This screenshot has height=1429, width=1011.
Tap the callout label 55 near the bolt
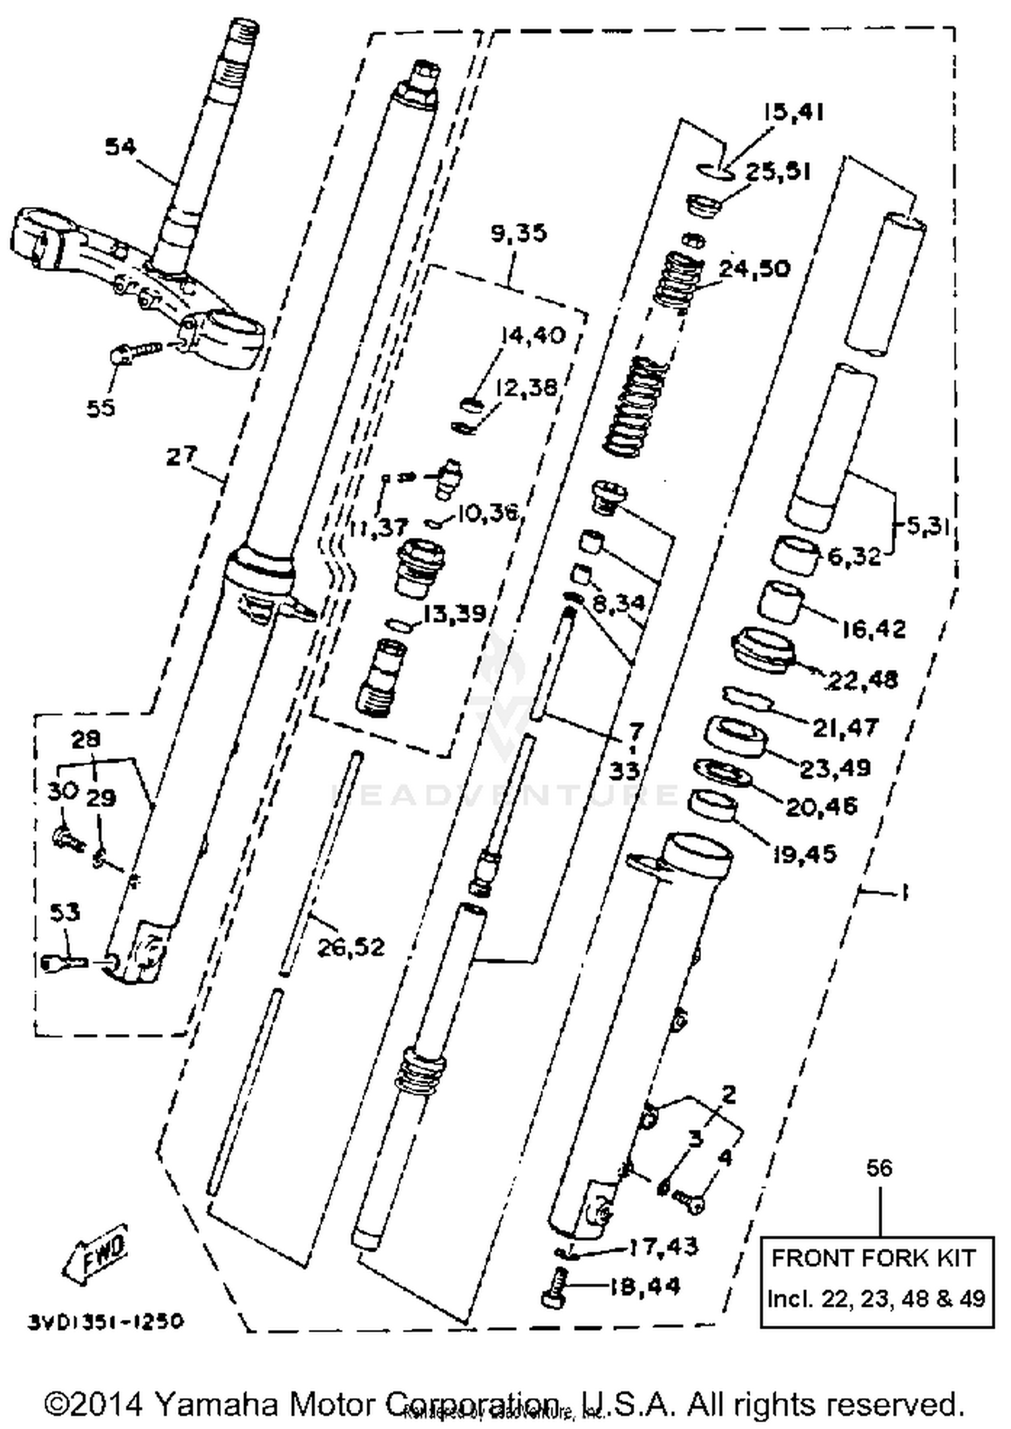(101, 407)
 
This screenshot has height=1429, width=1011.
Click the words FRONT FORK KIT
(874, 1258)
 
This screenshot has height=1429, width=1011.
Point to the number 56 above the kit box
(879, 1167)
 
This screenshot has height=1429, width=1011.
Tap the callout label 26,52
(350, 947)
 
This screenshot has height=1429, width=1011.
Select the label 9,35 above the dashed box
(519, 233)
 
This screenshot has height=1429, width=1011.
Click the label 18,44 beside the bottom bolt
(645, 1285)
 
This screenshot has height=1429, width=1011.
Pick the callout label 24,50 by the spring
(754, 268)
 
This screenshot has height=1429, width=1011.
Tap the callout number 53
(65, 912)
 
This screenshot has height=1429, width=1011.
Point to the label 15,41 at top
(794, 112)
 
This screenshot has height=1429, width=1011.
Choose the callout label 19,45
(804, 853)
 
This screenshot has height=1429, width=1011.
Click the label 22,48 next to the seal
(863, 679)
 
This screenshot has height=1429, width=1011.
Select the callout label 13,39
(455, 614)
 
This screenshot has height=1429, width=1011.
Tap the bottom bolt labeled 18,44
(554, 1287)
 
